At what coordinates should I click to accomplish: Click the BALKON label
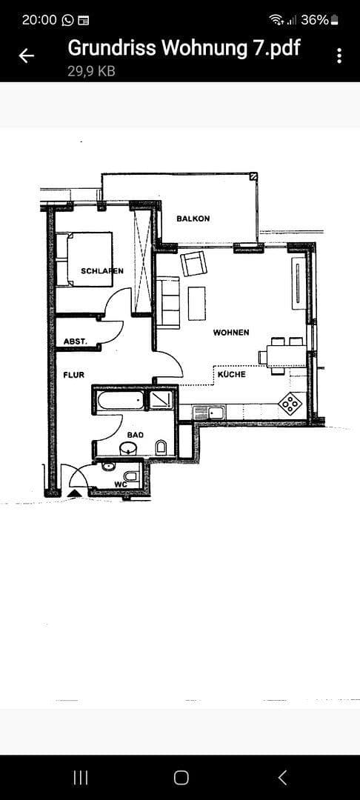[193, 219]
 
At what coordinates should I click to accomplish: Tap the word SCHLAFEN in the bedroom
[102, 271]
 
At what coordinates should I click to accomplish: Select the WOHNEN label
[231, 333]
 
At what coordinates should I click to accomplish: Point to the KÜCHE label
[231, 375]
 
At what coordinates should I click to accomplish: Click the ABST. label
[76, 341]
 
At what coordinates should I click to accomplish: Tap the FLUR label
[73, 376]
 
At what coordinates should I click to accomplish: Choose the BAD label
[135, 435]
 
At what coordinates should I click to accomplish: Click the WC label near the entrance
[120, 484]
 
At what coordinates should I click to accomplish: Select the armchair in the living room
[194, 263]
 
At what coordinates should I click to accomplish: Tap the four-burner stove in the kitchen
[290, 403]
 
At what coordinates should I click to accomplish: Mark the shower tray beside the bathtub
[160, 401]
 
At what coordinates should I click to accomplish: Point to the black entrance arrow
[75, 492]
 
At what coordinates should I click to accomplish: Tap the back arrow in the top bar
[27, 56]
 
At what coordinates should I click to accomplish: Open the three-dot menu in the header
[339, 56]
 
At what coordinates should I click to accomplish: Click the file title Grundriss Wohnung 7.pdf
[184, 48]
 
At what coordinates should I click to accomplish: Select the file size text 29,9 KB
[91, 71]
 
